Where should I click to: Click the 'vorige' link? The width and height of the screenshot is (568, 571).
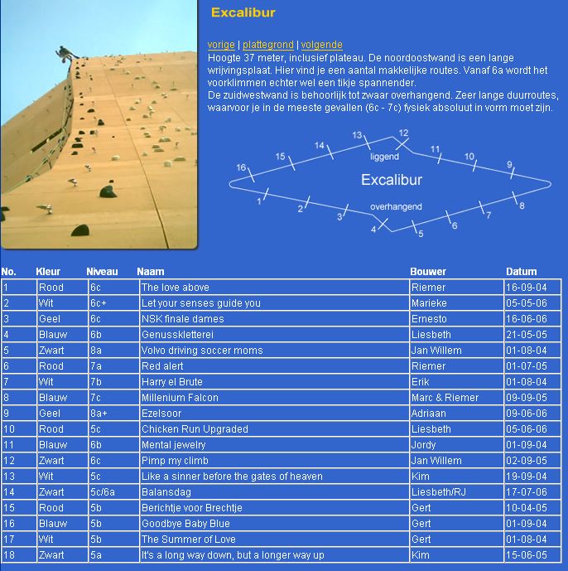click(x=220, y=45)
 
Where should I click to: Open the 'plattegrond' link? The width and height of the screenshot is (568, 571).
click(x=267, y=45)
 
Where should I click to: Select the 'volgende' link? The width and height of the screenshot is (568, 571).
click(x=321, y=45)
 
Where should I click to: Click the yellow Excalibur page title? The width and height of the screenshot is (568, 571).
click(x=243, y=13)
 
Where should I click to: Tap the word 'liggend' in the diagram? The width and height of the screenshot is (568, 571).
click(x=384, y=156)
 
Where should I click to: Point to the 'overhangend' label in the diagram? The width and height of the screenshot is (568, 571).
click(x=396, y=206)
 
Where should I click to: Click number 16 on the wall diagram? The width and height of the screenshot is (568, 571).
click(x=242, y=168)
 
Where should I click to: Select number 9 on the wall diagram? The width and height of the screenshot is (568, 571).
click(x=510, y=165)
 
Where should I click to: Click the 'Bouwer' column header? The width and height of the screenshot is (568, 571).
click(x=428, y=271)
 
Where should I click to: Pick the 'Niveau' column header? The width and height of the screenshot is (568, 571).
click(x=102, y=271)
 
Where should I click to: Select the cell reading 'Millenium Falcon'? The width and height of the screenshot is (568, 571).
click(x=180, y=398)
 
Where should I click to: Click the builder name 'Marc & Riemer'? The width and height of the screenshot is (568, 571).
click(x=445, y=398)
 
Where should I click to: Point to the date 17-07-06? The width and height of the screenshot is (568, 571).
click(x=527, y=492)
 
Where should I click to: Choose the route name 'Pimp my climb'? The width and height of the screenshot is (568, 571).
click(x=174, y=461)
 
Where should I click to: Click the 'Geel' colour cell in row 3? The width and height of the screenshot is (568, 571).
click(x=50, y=319)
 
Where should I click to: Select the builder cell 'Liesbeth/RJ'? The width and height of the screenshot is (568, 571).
click(x=438, y=492)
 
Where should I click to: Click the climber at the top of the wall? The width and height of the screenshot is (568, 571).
click(x=64, y=54)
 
